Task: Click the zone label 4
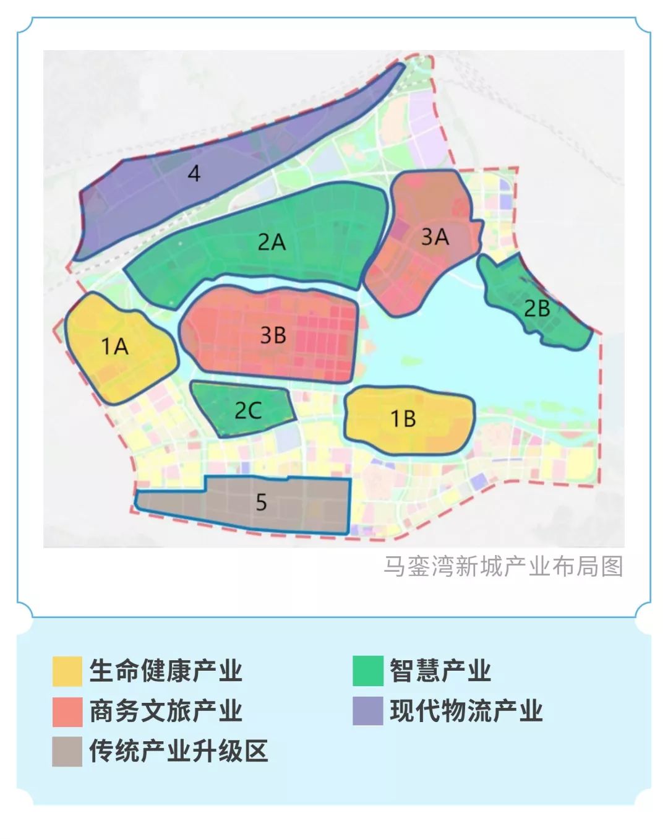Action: pos(194,173)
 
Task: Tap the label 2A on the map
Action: pos(272,241)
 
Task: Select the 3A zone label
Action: pos(435,236)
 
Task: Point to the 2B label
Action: pos(537,308)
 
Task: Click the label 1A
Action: pos(114,346)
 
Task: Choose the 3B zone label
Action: pos(273,335)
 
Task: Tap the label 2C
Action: pos(248,410)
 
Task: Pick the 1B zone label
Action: pos(403,419)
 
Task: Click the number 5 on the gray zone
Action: pos(261,502)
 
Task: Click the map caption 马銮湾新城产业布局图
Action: pos(503,566)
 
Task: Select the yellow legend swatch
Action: pos(67,671)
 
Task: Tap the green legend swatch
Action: pos(368,671)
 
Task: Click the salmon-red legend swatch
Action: pos(67,712)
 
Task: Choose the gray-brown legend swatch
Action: pos(67,752)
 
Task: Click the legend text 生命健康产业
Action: pos(166,671)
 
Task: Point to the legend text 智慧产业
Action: pos(440,671)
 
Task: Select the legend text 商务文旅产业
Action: pos(166,711)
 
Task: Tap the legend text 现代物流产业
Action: pos(466,711)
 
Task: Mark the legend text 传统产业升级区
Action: pos(179,751)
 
